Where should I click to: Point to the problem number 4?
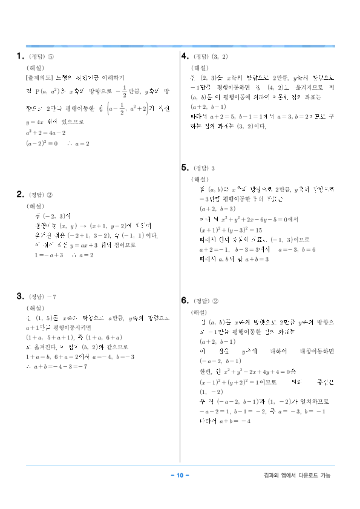point(185,56)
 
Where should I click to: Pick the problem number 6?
point(185,300)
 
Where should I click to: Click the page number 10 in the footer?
point(180,475)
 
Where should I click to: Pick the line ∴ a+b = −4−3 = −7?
point(57,366)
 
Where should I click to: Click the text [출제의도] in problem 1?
point(38,78)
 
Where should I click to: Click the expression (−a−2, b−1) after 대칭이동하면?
point(221,361)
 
